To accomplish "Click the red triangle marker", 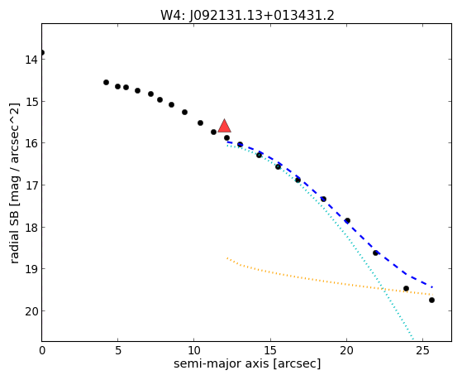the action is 225,126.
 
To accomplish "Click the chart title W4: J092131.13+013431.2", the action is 247,16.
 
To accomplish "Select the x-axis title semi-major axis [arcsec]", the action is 247,363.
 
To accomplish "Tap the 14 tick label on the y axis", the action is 31,60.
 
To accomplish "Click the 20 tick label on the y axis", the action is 31,311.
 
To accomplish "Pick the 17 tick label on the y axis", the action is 31,185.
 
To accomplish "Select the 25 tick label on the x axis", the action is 423,350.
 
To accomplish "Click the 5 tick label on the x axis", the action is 118,350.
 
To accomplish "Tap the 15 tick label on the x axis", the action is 270,350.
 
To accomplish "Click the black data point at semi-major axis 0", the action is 42,52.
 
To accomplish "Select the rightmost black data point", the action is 431,300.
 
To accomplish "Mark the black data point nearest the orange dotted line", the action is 406,288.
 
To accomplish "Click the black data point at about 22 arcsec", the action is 375,253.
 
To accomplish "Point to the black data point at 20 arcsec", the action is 347,220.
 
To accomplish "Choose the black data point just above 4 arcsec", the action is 106,82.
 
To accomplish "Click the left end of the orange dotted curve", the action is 227,258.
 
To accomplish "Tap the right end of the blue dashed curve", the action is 432,287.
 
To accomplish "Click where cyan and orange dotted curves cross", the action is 383,289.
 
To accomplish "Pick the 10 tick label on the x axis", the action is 194,350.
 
